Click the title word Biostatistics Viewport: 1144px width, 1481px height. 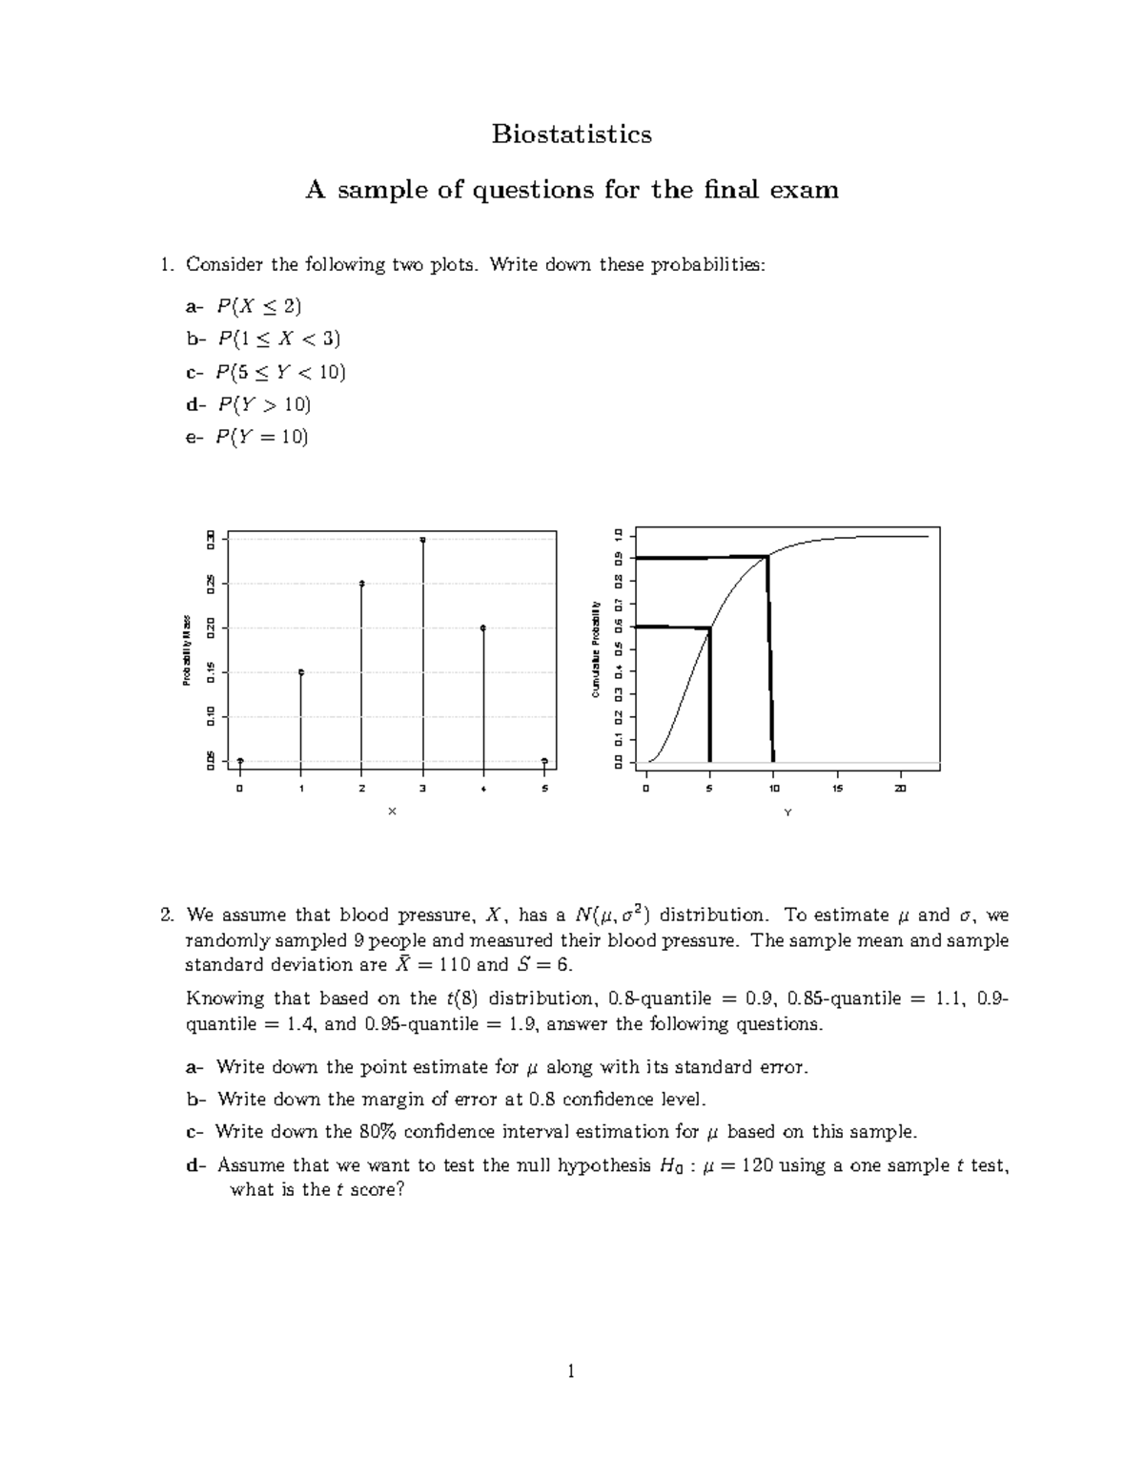(x=571, y=134)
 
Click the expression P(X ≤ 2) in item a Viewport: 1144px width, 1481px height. (x=258, y=306)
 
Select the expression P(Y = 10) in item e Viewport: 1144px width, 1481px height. (x=262, y=437)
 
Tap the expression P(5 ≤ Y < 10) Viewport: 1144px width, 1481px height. (x=281, y=372)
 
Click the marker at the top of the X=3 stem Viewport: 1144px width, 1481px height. (x=422, y=540)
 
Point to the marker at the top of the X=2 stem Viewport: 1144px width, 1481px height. (x=362, y=584)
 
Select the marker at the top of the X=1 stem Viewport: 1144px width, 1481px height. (x=301, y=672)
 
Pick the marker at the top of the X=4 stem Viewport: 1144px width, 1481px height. (x=483, y=627)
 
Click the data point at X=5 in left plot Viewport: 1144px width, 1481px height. (x=544, y=761)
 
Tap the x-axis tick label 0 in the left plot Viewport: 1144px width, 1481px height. (x=240, y=789)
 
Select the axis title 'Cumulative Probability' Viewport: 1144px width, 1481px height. (x=595, y=649)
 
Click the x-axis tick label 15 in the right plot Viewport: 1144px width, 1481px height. (x=837, y=789)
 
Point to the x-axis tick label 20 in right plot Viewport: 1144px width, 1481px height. (x=900, y=789)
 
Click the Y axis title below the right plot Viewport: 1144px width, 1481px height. (x=787, y=812)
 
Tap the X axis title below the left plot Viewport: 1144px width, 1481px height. (x=392, y=812)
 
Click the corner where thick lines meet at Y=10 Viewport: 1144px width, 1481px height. (x=767, y=556)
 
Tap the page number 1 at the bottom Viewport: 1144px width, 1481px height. (x=571, y=1371)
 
